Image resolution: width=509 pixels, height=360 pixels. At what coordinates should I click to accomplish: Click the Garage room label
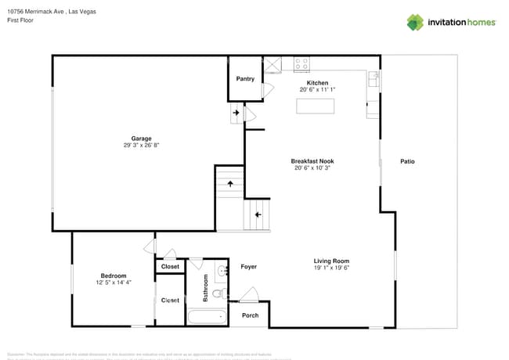pos(142,139)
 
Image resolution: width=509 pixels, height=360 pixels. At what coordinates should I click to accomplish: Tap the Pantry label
pos(245,79)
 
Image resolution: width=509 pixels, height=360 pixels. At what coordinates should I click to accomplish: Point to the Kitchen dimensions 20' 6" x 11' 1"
pos(317,90)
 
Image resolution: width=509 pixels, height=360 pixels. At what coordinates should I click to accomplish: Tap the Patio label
pos(407,161)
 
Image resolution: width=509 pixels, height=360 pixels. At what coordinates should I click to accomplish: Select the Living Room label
pos(331,261)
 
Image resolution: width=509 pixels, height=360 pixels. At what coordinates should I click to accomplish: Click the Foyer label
pos(248,267)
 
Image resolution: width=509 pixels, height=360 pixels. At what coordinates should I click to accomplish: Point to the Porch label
pos(250,315)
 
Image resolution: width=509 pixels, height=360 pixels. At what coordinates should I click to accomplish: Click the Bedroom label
pos(114,275)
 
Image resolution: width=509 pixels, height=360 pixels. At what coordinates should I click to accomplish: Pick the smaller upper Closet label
pos(170,267)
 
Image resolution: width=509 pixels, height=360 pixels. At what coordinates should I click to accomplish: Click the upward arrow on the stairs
pos(230,184)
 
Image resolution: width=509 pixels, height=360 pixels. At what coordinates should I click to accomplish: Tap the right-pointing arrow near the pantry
pos(235,113)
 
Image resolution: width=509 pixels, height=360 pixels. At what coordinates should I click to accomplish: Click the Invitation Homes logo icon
pos(415,22)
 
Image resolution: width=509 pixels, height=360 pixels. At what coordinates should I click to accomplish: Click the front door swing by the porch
pos(251,295)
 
